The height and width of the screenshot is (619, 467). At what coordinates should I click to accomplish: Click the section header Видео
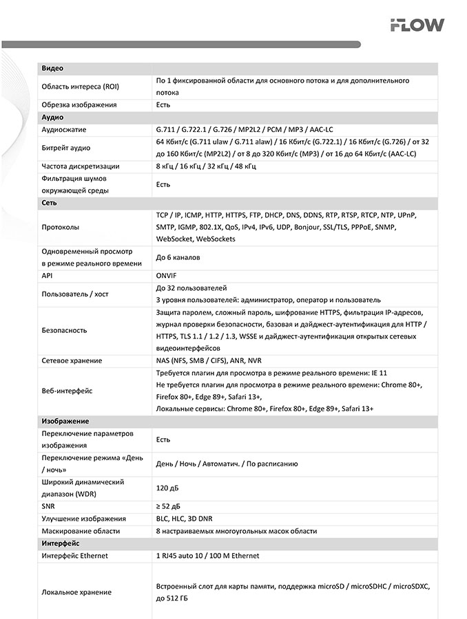(53, 69)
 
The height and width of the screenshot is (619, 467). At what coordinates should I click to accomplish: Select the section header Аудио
(53, 118)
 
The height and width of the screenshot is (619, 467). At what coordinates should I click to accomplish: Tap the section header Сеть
(50, 204)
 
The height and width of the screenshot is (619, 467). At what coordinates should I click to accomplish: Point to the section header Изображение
(65, 421)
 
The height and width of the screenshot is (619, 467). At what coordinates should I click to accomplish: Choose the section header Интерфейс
(61, 543)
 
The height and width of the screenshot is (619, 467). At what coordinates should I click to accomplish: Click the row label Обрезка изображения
(79, 105)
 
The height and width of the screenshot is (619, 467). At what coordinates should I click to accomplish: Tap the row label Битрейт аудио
(66, 148)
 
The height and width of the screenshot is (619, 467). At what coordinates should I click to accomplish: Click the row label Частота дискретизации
(81, 166)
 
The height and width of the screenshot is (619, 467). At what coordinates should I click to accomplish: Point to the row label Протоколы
(61, 228)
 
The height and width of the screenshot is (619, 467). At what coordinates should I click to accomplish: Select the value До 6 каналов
(178, 258)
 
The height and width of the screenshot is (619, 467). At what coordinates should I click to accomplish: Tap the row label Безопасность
(65, 330)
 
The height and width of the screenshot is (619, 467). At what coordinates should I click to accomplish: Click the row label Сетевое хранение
(72, 360)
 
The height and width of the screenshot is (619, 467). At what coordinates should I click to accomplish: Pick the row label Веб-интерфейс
(67, 391)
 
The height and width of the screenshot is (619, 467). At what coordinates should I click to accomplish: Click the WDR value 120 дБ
(167, 488)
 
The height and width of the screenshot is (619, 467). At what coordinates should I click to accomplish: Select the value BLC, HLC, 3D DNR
(186, 519)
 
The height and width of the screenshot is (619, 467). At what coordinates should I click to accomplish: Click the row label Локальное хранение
(76, 592)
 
